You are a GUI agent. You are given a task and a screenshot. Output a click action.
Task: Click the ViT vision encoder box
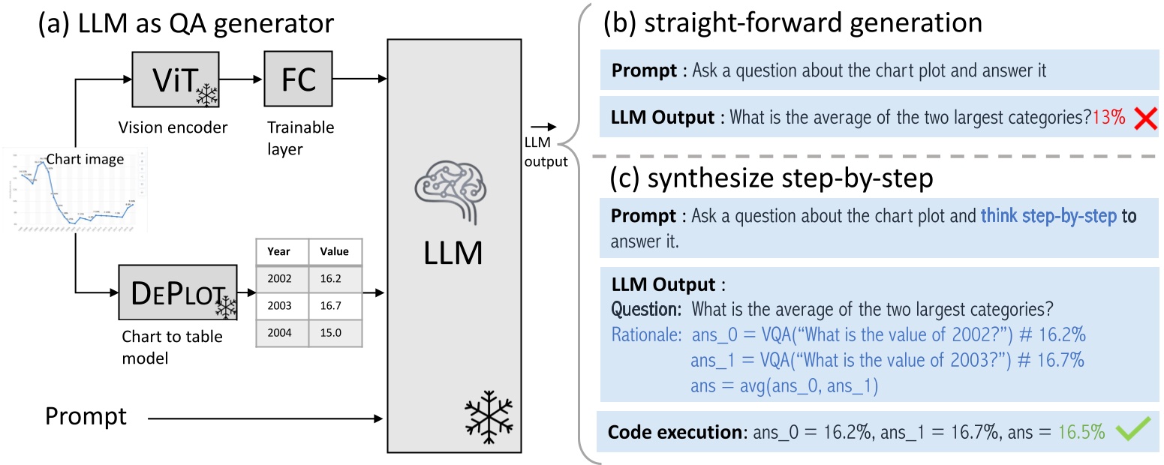pyautogui.click(x=176, y=79)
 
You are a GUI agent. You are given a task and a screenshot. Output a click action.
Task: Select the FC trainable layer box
pyautogui.click(x=298, y=79)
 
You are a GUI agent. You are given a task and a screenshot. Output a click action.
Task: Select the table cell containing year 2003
pyautogui.click(x=282, y=304)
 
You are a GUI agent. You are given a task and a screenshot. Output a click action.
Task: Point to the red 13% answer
pyautogui.click(x=1108, y=118)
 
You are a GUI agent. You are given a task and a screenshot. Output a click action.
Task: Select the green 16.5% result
pyautogui.click(x=1081, y=432)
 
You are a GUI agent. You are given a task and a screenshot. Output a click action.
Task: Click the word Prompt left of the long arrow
pyautogui.click(x=86, y=415)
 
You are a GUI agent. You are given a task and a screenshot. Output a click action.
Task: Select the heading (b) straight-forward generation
pyautogui.click(x=793, y=22)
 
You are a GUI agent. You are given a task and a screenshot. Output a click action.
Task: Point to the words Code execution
pyautogui.click(x=674, y=432)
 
